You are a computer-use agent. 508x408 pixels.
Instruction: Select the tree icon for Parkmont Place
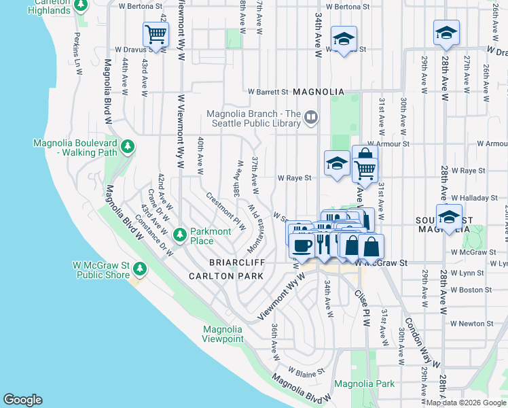[180, 235]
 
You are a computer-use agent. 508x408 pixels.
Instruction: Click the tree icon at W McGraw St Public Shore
[140, 269]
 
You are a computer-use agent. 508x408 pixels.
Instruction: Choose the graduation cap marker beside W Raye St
[337, 163]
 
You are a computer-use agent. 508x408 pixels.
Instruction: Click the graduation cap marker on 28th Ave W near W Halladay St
[448, 217]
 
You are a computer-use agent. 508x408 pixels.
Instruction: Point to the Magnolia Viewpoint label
[223, 334]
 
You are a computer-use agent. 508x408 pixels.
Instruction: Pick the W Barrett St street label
[269, 91]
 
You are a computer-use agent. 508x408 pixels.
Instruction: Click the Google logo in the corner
[22, 400]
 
